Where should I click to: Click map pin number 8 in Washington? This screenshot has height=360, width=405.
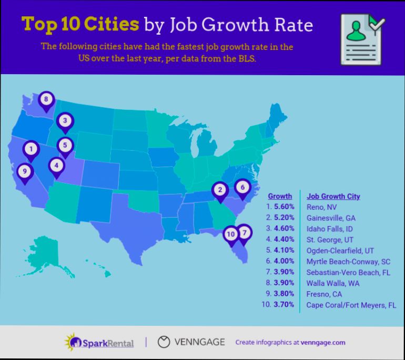[x=46, y=99]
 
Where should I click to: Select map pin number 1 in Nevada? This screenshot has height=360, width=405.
[x=32, y=149]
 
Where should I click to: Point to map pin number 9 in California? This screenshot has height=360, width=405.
[x=24, y=171]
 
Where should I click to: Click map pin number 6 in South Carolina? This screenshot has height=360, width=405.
[x=242, y=187]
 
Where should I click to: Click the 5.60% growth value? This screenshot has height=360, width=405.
[x=283, y=207]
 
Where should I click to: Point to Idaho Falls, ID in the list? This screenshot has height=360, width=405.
[x=330, y=229]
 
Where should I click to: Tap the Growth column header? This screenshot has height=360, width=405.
[x=280, y=196]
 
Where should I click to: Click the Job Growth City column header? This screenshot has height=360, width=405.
[x=333, y=196]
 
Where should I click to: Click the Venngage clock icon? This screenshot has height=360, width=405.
[x=165, y=342]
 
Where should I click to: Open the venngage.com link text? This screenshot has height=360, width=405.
[x=323, y=343]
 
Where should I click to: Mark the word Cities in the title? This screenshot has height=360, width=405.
[x=113, y=25]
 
